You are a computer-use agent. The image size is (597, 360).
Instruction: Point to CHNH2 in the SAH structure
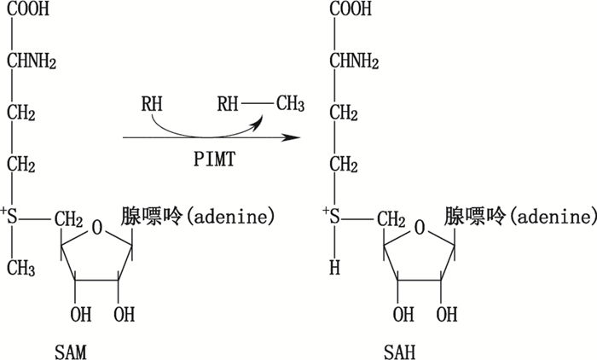click(x=355, y=61)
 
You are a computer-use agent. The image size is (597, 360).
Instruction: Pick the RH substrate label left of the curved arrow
click(x=151, y=105)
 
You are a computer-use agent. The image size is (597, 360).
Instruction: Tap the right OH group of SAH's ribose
click(x=444, y=315)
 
